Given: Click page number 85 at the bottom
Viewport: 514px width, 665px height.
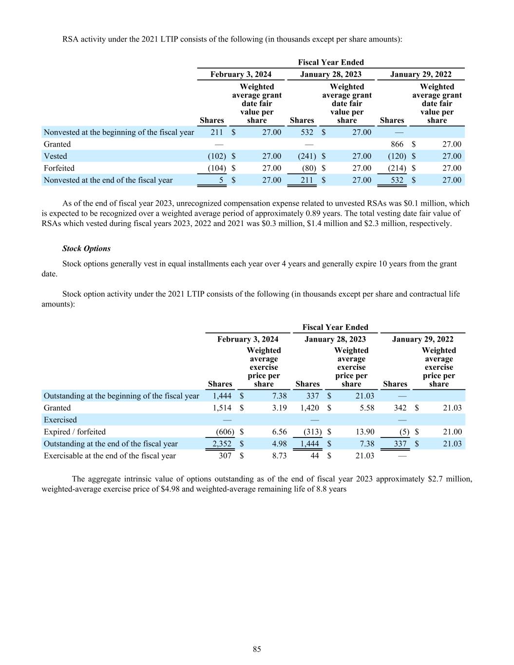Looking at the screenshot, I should [257, 649].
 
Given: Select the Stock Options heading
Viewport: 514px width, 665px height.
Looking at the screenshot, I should [86, 248].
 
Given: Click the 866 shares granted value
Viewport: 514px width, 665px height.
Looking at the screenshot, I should [397, 144].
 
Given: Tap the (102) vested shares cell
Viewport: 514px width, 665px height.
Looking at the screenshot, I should [217, 156].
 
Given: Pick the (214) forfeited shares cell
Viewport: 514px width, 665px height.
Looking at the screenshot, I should [397, 168].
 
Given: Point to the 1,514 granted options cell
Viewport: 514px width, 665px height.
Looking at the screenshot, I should [222, 408].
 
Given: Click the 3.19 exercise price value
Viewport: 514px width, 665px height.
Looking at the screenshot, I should [279, 408].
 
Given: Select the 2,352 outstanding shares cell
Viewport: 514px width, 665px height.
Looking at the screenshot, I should [222, 444].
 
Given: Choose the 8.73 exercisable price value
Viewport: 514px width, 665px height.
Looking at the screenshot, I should [279, 456].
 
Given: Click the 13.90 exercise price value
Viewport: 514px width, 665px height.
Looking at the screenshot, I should [364, 432].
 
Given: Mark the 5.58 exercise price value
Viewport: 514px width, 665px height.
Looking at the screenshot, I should [367, 408].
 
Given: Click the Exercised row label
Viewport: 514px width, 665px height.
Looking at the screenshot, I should [60, 420].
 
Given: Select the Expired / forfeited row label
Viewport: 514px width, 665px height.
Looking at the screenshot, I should [75, 432].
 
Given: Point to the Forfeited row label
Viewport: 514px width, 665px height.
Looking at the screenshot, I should [59, 168].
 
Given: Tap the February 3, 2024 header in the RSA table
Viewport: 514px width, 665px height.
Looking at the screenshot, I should [241, 75].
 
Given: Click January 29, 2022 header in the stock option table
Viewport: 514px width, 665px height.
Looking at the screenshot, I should [422, 339].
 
